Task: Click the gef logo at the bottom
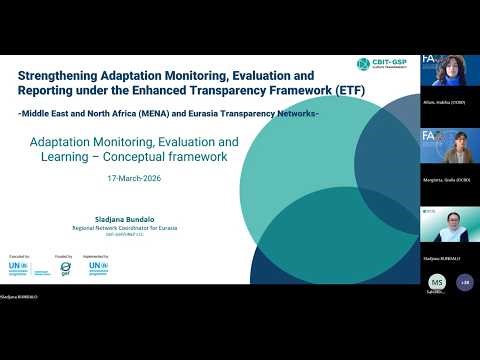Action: (66, 268)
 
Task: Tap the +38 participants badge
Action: (464, 283)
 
